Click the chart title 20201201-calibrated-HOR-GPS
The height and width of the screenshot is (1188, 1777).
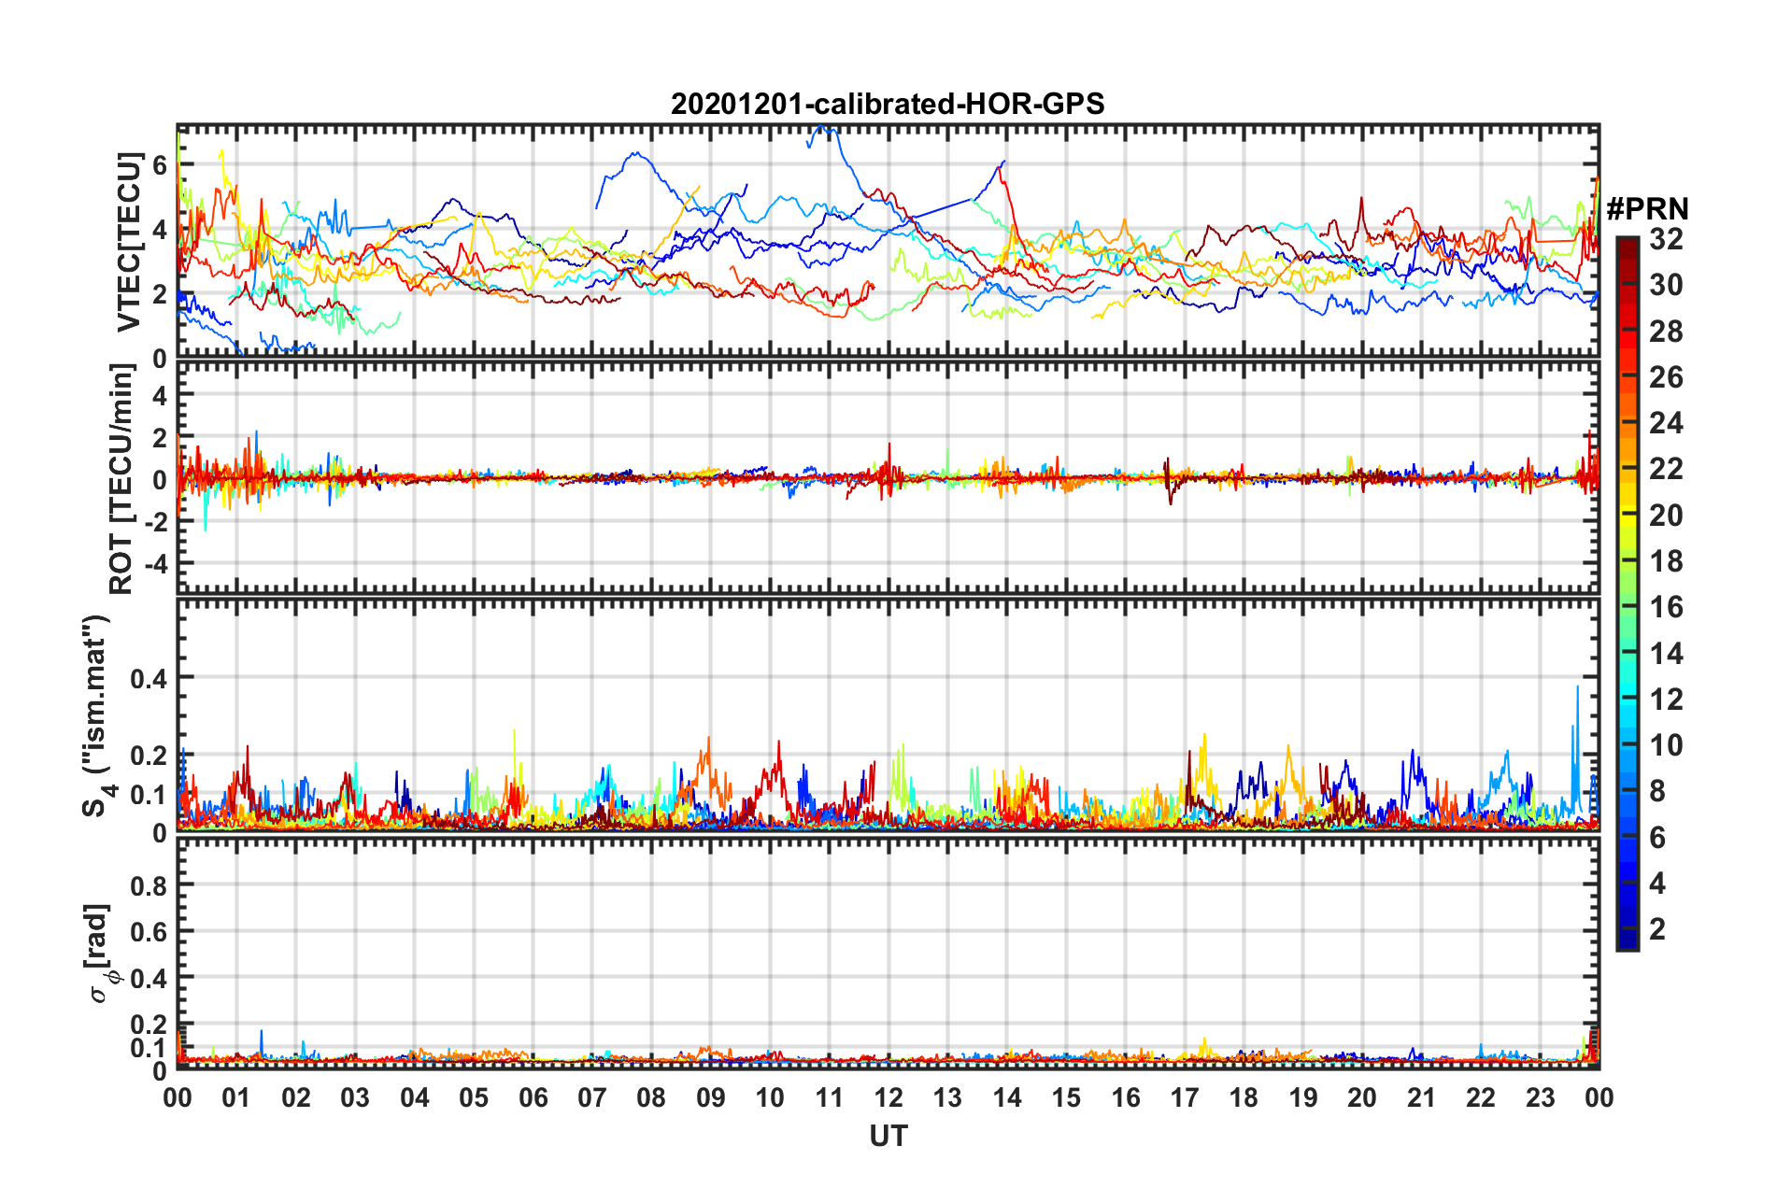point(888,104)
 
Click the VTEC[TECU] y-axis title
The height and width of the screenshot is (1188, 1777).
point(128,242)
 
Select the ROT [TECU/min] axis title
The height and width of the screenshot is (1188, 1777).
point(122,479)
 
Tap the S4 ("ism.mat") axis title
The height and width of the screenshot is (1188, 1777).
point(97,715)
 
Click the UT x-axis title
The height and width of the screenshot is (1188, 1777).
point(888,1136)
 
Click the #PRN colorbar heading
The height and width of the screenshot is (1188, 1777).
point(1647,209)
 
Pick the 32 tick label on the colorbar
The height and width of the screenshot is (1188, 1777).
point(1666,239)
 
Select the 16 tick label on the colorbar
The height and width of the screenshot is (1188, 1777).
point(1666,607)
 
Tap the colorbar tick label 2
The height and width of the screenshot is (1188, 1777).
point(1657,928)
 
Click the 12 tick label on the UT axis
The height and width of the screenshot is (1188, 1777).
point(888,1097)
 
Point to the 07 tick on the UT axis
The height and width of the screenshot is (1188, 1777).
point(592,1097)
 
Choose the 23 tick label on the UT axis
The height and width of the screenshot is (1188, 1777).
point(1540,1097)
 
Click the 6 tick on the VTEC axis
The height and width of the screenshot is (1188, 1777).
point(160,164)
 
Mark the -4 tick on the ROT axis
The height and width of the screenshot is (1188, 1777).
point(154,564)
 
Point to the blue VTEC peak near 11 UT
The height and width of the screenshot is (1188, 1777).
point(823,127)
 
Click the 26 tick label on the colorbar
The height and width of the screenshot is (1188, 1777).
point(1666,377)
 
